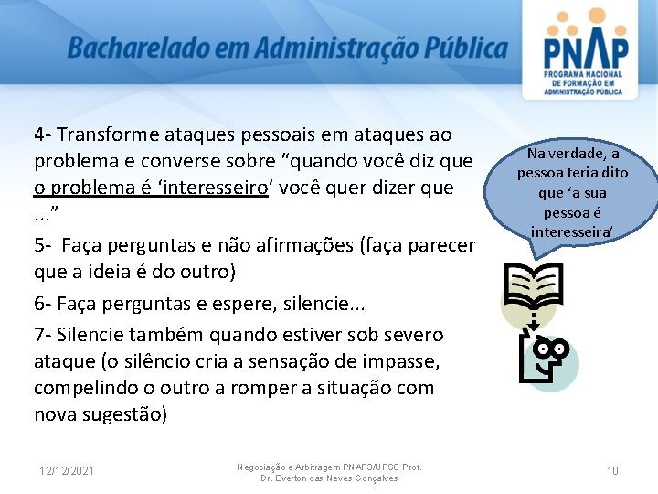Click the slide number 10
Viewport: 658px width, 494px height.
(612, 471)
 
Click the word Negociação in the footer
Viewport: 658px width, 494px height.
(265, 467)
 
